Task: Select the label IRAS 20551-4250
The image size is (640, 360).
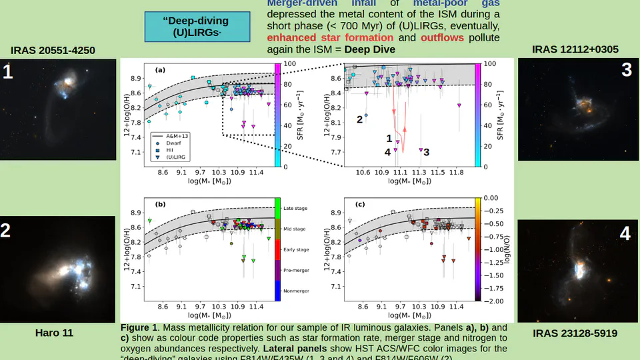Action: point(53,51)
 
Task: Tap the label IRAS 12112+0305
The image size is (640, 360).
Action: point(575,49)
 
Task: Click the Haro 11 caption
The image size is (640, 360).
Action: point(53,332)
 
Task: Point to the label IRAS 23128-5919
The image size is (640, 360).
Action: point(575,333)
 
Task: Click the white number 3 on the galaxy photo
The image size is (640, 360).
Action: point(626,69)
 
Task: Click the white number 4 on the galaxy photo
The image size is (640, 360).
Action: point(624,233)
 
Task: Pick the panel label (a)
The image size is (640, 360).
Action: point(160,70)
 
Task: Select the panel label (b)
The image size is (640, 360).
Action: point(160,205)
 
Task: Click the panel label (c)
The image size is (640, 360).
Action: point(360,205)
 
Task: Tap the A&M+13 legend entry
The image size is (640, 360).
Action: point(178,135)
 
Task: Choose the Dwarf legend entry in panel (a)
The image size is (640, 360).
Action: point(173,143)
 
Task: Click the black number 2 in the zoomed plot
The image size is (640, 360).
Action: point(359,119)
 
